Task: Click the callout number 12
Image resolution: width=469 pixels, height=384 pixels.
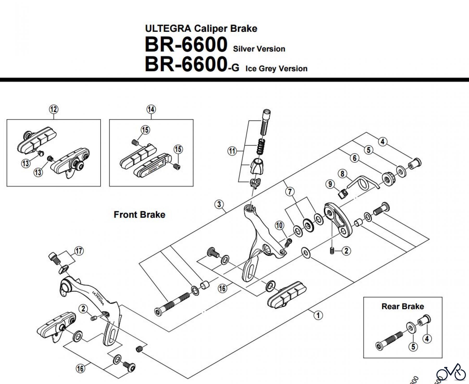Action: coord(54,109)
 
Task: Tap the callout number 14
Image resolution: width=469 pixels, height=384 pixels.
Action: coord(151,109)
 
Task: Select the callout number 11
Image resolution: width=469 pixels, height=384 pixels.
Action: coord(232,151)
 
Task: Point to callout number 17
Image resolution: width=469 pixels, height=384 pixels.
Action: coord(79,251)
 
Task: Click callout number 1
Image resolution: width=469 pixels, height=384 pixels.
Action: coord(318,315)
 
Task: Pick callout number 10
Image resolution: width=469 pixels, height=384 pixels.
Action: coord(280,225)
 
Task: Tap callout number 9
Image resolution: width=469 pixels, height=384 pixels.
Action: coord(330,184)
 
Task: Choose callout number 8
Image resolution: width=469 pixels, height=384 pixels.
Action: coord(342,174)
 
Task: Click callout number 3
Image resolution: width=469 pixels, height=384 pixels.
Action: coord(219,204)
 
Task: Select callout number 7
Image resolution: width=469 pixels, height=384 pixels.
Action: coord(290,192)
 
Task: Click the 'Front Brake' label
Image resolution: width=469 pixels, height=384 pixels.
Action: coord(139,215)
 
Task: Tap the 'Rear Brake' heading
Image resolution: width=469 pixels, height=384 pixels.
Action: coord(403,306)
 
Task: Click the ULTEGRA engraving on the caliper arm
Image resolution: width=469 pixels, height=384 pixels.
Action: coord(98,297)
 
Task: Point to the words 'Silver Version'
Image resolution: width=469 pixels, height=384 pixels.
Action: coord(259,49)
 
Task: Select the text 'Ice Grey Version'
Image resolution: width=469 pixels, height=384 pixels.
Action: coord(276,69)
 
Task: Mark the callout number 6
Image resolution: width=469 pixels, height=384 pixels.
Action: coord(355,158)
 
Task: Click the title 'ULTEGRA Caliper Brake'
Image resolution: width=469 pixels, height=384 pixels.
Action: coord(201,28)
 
